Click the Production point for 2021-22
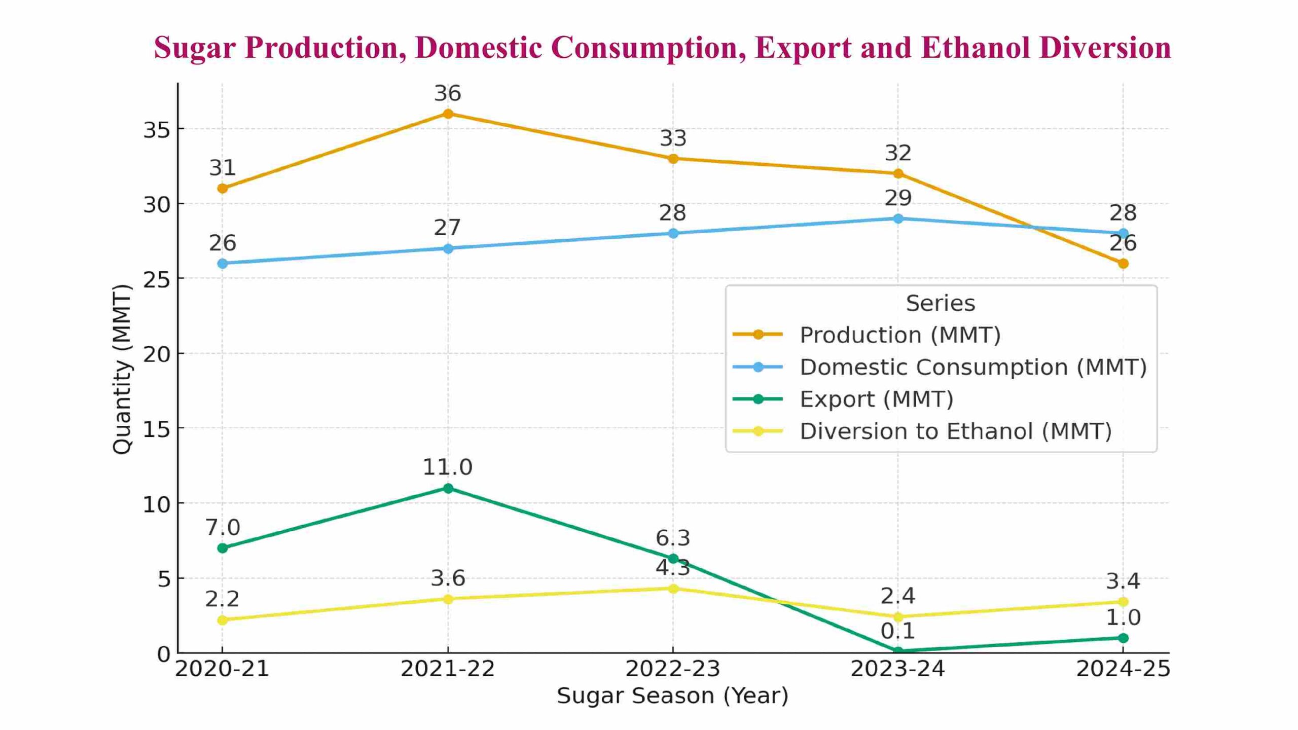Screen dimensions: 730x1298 click(x=448, y=114)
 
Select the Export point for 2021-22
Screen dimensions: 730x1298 click(x=448, y=488)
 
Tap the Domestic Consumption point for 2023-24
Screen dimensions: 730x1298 click(x=897, y=218)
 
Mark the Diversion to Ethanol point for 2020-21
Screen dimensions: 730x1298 click(x=222, y=619)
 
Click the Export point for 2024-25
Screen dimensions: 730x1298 click(x=1123, y=638)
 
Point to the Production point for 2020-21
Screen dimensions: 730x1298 click(x=222, y=188)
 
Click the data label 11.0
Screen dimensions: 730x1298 click(x=447, y=467)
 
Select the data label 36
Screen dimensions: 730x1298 click(x=447, y=93)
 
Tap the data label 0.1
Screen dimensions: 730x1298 click(x=897, y=631)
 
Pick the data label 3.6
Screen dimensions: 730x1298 click(x=448, y=578)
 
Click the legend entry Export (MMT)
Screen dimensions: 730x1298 click(x=876, y=399)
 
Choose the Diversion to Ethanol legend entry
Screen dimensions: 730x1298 click(x=955, y=431)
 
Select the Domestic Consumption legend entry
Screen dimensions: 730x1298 click(x=972, y=367)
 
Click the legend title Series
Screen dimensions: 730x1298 click(x=940, y=303)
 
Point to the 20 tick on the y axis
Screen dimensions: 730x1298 click(x=157, y=354)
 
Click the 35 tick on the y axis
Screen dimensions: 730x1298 click(x=157, y=129)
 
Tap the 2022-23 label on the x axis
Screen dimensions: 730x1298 click(x=672, y=669)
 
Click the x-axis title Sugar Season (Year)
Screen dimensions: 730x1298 click(x=672, y=695)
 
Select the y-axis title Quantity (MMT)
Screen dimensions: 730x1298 click(x=122, y=369)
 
